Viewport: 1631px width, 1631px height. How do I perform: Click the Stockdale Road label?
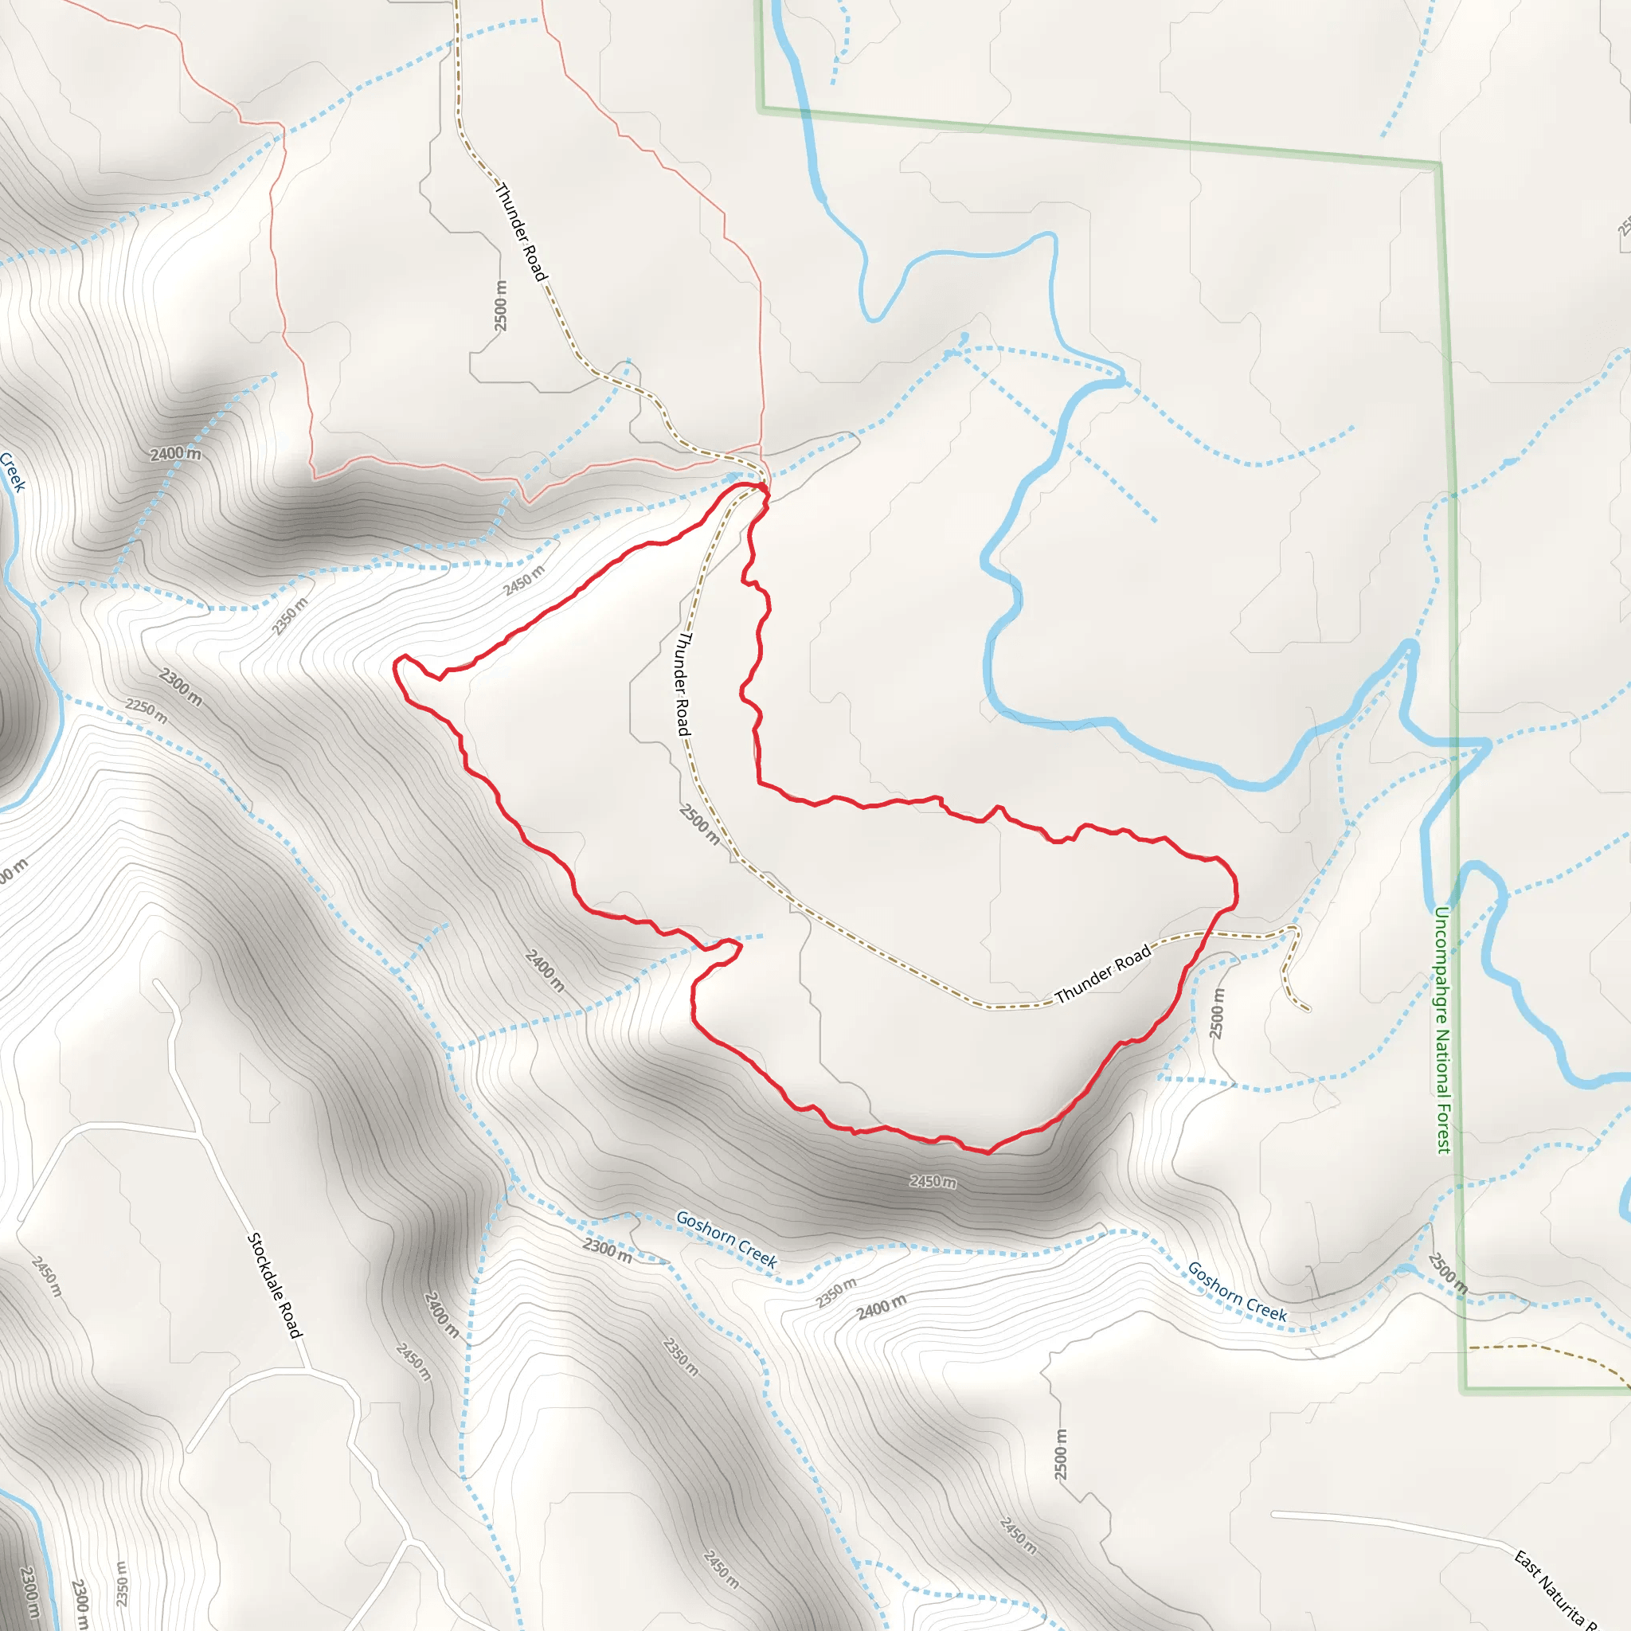[x=275, y=1285]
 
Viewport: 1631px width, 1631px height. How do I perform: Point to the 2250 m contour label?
[x=147, y=711]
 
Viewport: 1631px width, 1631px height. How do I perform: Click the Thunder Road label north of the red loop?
[x=520, y=233]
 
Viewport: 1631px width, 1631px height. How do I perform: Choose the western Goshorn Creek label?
[x=726, y=1239]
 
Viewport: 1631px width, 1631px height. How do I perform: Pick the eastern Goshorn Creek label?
[x=1237, y=1292]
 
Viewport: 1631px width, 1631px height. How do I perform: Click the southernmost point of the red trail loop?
[x=988, y=1152]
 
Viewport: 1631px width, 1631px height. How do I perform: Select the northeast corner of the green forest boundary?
[x=1439, y=164]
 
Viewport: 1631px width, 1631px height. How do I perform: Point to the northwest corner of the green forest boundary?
[x=761, y=108]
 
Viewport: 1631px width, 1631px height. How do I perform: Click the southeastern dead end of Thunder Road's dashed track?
[x=1308, y=1010]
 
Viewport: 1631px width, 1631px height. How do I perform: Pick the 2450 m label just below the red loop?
[x=933, y=1181]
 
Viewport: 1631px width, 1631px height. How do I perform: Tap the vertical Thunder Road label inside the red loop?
[x=684, y=684]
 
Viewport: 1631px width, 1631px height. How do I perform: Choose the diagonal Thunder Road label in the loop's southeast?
[x=1102, y=974]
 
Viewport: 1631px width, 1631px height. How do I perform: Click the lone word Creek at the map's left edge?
[x=14, y=471]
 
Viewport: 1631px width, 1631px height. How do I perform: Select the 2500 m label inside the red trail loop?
[x=700, y=824]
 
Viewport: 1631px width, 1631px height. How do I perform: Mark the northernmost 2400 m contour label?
[x=175, y=454]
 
